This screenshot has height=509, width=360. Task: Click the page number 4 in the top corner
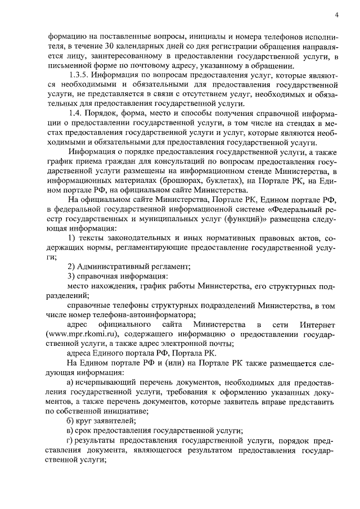coord(336,14)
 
